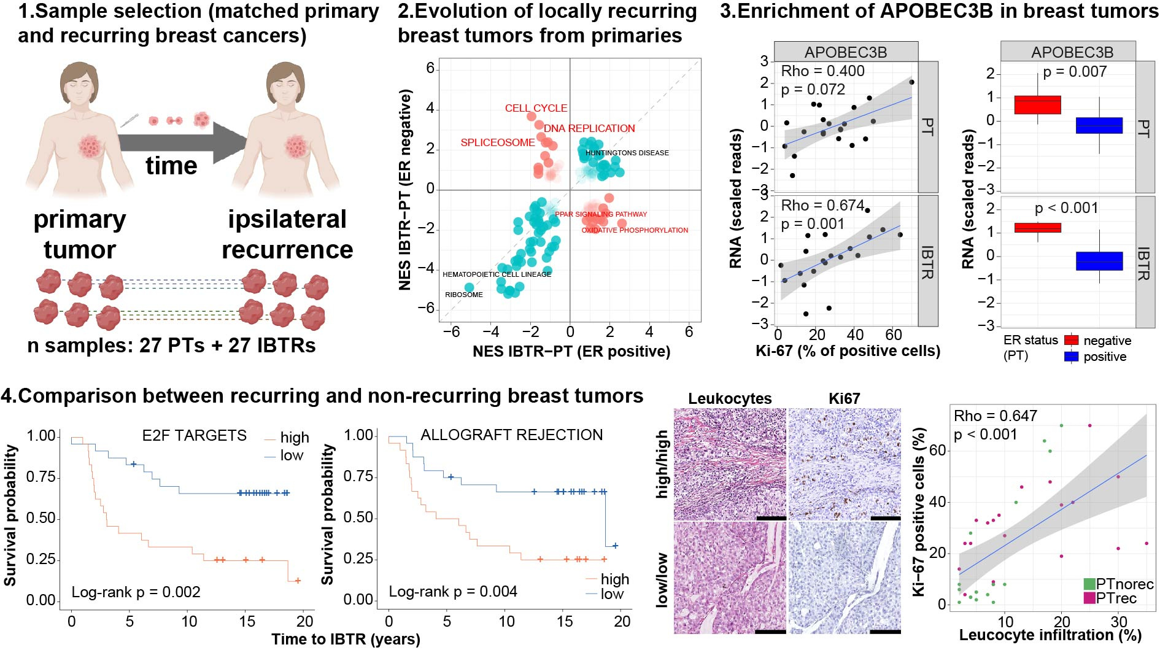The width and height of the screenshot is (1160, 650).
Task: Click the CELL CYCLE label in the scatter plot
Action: (x=536, y=108)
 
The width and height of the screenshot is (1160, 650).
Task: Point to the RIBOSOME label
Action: (x=463, y=295)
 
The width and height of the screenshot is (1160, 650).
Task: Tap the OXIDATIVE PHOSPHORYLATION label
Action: (x=635, y=230)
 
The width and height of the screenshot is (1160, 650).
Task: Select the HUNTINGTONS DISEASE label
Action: (x=627, y=153)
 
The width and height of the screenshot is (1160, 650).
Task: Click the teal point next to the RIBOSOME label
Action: (x=469, y=287)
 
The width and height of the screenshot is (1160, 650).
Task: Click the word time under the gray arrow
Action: (x=171, y=166)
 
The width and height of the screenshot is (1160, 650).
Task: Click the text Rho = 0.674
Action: (x=822, y=205)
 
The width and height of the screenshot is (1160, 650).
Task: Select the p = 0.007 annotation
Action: (x=1074, y=72)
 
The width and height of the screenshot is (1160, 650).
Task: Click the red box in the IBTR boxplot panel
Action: (x=1037, y=228)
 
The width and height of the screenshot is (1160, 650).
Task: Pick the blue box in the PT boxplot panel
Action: (x=1099, y=126)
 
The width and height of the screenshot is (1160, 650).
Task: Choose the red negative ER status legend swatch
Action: (x=1071, y=341)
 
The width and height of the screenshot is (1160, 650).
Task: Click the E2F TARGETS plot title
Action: (x=194, y=435)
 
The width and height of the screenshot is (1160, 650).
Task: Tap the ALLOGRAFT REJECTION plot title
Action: (x=511, y=435)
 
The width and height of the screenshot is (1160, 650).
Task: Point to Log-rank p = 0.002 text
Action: (x=136, y=592)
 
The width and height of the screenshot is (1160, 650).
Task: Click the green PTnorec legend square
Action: (x=1089, y=584)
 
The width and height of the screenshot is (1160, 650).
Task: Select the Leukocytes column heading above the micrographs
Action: (x=729, y=398)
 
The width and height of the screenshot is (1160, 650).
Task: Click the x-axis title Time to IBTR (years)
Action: (x=346, y=639)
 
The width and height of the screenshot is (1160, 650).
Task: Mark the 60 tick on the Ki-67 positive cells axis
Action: (x=937, y=451)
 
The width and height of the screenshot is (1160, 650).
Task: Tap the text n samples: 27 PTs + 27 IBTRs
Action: (x=171, y=346)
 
